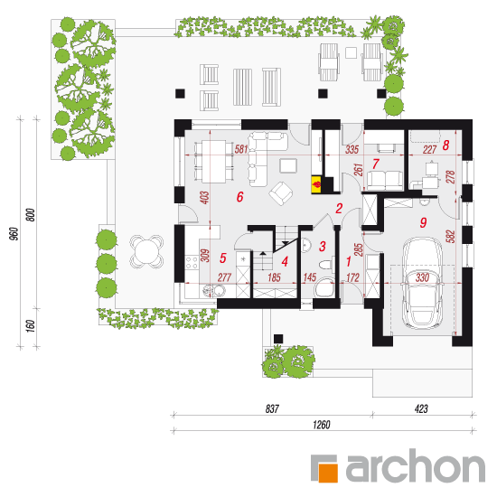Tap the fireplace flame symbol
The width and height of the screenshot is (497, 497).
pyautogui.click(x=317, y=184)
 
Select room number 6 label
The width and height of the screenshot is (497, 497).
pyautogui.click(x=240, y=197)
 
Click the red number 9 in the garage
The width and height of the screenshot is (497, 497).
pyautogui.click(x=423, y=222)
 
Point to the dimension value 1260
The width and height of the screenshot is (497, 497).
pyautogui.click(x=322, y=425)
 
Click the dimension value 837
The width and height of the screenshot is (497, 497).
pyautogui.click(x=272, y=408)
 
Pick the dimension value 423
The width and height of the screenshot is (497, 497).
pyautogui.click(x=421, y=408)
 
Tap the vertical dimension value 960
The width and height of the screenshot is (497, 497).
pyautogui.click(x=14, y=234)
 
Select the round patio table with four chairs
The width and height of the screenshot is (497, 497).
pyautogui.click(x=146, y=252)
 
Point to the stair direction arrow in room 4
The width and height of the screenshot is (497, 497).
pyautogui.click(x=263, y=254)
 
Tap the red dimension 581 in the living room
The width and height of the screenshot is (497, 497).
pyautogui.click(x=241, y=149)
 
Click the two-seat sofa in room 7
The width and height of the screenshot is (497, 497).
pyautogui.click(x=385, y=180)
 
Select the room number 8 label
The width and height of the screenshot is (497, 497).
pyautogui.click(x=445, y=145)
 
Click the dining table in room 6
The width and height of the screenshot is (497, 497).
pyautogui.click(x=214, y=162)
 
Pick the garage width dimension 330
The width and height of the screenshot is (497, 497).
pyautogui.click(x=422, y=277)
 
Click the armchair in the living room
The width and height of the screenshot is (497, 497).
pyautogui.click(x=281, y=193)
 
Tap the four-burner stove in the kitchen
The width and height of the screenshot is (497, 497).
pyautogui.click(x=192, y=263)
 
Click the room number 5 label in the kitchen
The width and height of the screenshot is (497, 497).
pyautogui.click(x=223, y=258)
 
